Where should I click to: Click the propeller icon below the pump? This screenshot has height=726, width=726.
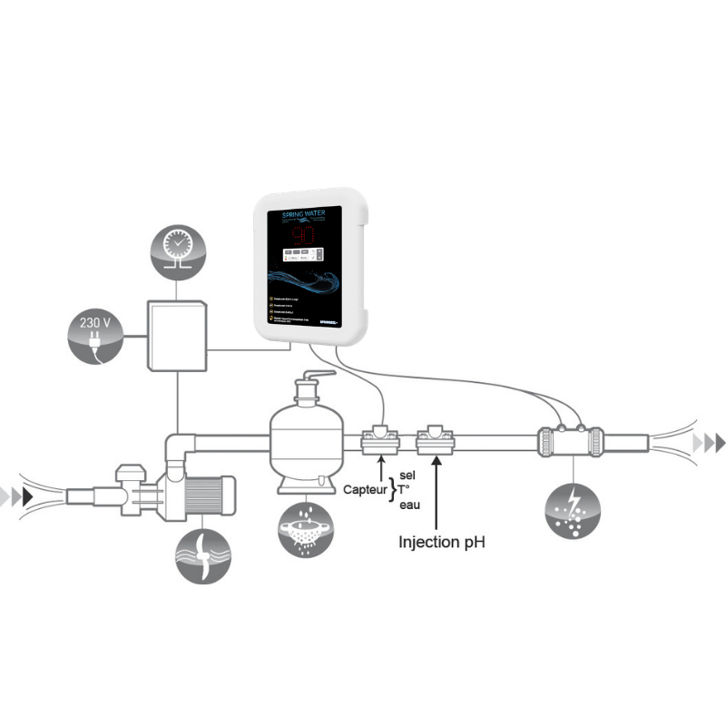click(x=202, y=554)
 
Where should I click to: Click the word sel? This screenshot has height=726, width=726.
click(x=406, y=475)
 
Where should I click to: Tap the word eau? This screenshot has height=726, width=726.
click(x=408, y=506)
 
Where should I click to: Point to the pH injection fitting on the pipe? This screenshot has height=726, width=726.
click(x=437, y=443)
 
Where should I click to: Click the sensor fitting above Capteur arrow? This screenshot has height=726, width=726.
click(x=380, y=443)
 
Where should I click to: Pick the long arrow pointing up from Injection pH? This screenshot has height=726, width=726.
click(x=437, y=495)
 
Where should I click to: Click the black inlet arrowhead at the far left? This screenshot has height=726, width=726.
click(x=33, y=495)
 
